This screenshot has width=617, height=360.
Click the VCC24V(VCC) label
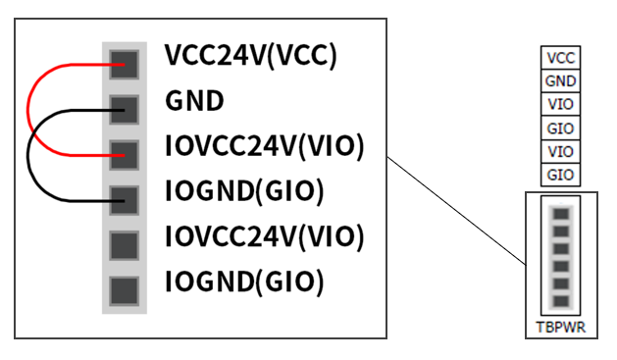pos(251,55)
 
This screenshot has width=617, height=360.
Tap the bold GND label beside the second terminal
pos(194,101)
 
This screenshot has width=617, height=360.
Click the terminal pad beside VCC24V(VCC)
pos(124,65)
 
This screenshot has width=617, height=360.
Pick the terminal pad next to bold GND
pos(124,110)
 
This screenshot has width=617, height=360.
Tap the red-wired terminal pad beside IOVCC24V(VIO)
pos(124,155)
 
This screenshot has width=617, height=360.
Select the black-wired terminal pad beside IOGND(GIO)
pos(124,201)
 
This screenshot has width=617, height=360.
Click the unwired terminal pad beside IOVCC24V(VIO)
pos(124,246)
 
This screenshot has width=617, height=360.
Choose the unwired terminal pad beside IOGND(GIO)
pos(124,291)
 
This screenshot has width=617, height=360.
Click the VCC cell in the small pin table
pos(560,58)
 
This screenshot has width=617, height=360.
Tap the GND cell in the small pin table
pos(560,81)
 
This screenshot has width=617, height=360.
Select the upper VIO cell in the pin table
pos(560,104)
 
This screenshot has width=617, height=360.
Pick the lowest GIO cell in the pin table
pos(560,175)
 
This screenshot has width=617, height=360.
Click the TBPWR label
pos(561,328)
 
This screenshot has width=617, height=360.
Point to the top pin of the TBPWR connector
pos(561,214)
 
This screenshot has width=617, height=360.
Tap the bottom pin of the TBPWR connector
pos(561,301)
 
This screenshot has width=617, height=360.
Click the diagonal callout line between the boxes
pos(456,211)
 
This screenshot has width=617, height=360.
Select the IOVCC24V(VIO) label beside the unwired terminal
pos(265,236)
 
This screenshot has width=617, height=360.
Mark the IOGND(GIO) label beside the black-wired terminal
pos(244,191)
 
